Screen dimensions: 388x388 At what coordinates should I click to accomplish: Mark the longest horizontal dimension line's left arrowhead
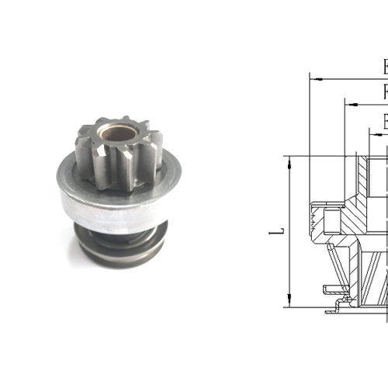313,78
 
